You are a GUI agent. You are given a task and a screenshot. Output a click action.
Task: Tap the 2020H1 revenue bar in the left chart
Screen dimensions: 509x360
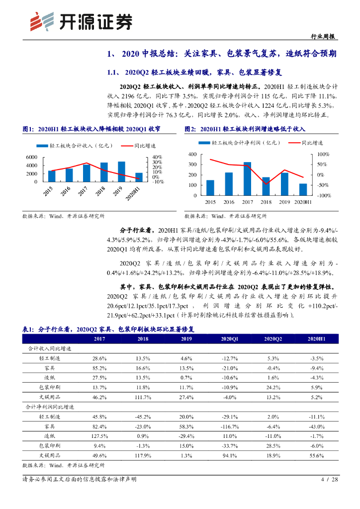tap(139, 177)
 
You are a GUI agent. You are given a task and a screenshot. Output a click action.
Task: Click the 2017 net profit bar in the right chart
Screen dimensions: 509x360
tap(247, 178)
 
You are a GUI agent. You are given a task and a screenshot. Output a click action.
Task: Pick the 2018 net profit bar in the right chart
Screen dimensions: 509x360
tap(266, 186)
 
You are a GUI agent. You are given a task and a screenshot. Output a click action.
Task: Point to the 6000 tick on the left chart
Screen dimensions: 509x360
tap(32, 157)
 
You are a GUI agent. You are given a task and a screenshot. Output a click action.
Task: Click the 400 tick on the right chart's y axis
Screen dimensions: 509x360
tap(193, 155)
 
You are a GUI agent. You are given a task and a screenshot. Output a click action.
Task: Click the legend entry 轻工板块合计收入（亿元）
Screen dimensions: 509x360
tap(75, 146)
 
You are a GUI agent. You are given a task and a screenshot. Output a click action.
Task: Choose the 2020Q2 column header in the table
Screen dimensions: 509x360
tap(273, 339)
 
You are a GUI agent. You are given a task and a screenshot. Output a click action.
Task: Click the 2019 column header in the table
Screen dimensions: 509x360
tap(186, 339)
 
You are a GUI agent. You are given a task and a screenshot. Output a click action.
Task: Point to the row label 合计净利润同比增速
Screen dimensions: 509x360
tap(49, 407)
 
